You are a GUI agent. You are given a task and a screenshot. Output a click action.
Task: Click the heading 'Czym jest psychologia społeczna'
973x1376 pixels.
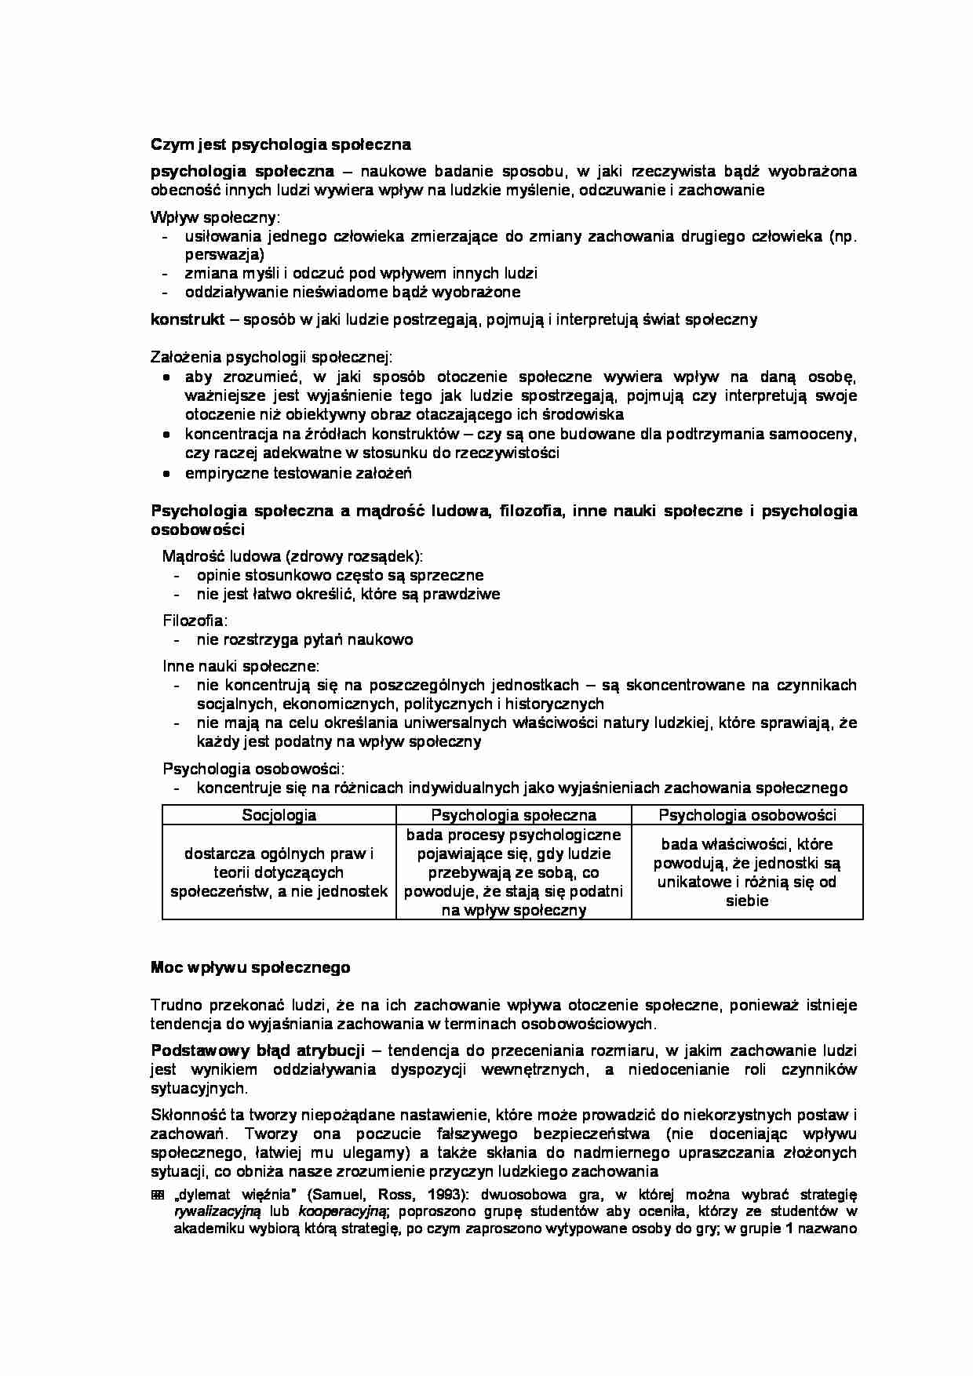280,145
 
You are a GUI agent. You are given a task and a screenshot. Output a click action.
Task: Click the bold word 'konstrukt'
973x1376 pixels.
188,319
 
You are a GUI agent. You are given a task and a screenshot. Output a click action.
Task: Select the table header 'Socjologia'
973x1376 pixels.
279,815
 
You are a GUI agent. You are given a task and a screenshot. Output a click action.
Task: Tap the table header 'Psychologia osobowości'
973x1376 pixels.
747,815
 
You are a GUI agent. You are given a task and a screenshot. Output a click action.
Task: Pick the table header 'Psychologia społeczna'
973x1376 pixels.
513,815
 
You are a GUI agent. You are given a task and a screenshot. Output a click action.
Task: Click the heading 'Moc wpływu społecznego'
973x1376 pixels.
250,967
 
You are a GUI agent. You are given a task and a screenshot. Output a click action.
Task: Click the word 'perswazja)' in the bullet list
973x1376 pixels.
224,255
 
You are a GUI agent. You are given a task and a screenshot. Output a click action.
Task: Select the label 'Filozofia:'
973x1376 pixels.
195,621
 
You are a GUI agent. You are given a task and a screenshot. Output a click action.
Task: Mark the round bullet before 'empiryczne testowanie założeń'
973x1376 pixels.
166,474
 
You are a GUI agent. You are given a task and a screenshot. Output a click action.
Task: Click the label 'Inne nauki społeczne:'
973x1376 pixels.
241,666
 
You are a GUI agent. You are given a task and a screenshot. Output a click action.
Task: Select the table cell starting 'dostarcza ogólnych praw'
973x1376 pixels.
279,872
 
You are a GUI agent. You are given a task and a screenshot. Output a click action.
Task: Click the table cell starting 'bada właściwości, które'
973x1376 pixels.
747,872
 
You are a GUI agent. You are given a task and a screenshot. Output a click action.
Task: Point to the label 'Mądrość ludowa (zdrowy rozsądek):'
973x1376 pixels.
292,556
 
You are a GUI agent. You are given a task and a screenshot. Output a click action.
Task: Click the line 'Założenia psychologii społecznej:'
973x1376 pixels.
271,358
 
